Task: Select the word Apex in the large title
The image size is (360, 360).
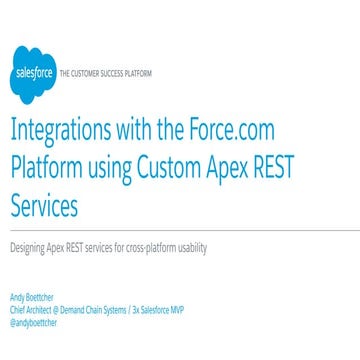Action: pos(262,168)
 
